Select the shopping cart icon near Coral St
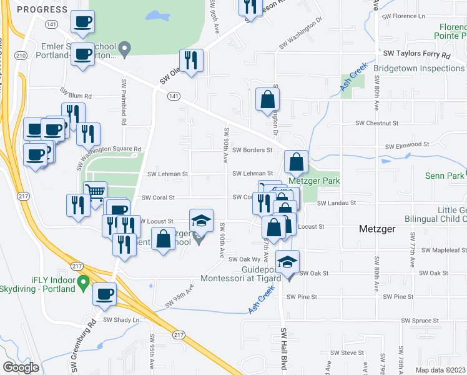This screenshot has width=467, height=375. (94, 192)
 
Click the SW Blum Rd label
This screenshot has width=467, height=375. (76, 96)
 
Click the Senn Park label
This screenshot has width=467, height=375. (445, 176)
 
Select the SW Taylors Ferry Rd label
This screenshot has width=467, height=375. (417, 54)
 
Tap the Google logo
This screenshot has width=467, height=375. (21, 367)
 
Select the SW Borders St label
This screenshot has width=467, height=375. (252, 150)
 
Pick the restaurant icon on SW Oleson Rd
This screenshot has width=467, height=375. (192, 60)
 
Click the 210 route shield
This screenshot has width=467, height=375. (21, 56)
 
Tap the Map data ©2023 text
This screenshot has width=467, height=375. (440, 370)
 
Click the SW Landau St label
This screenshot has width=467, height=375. (336, 203)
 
